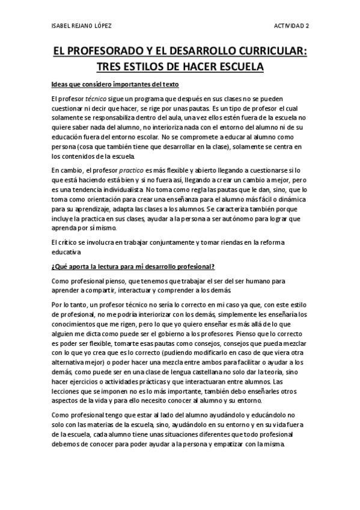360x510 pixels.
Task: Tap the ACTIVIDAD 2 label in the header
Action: [x=291, y=26]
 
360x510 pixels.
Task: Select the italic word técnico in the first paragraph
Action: [x=95, y=98]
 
